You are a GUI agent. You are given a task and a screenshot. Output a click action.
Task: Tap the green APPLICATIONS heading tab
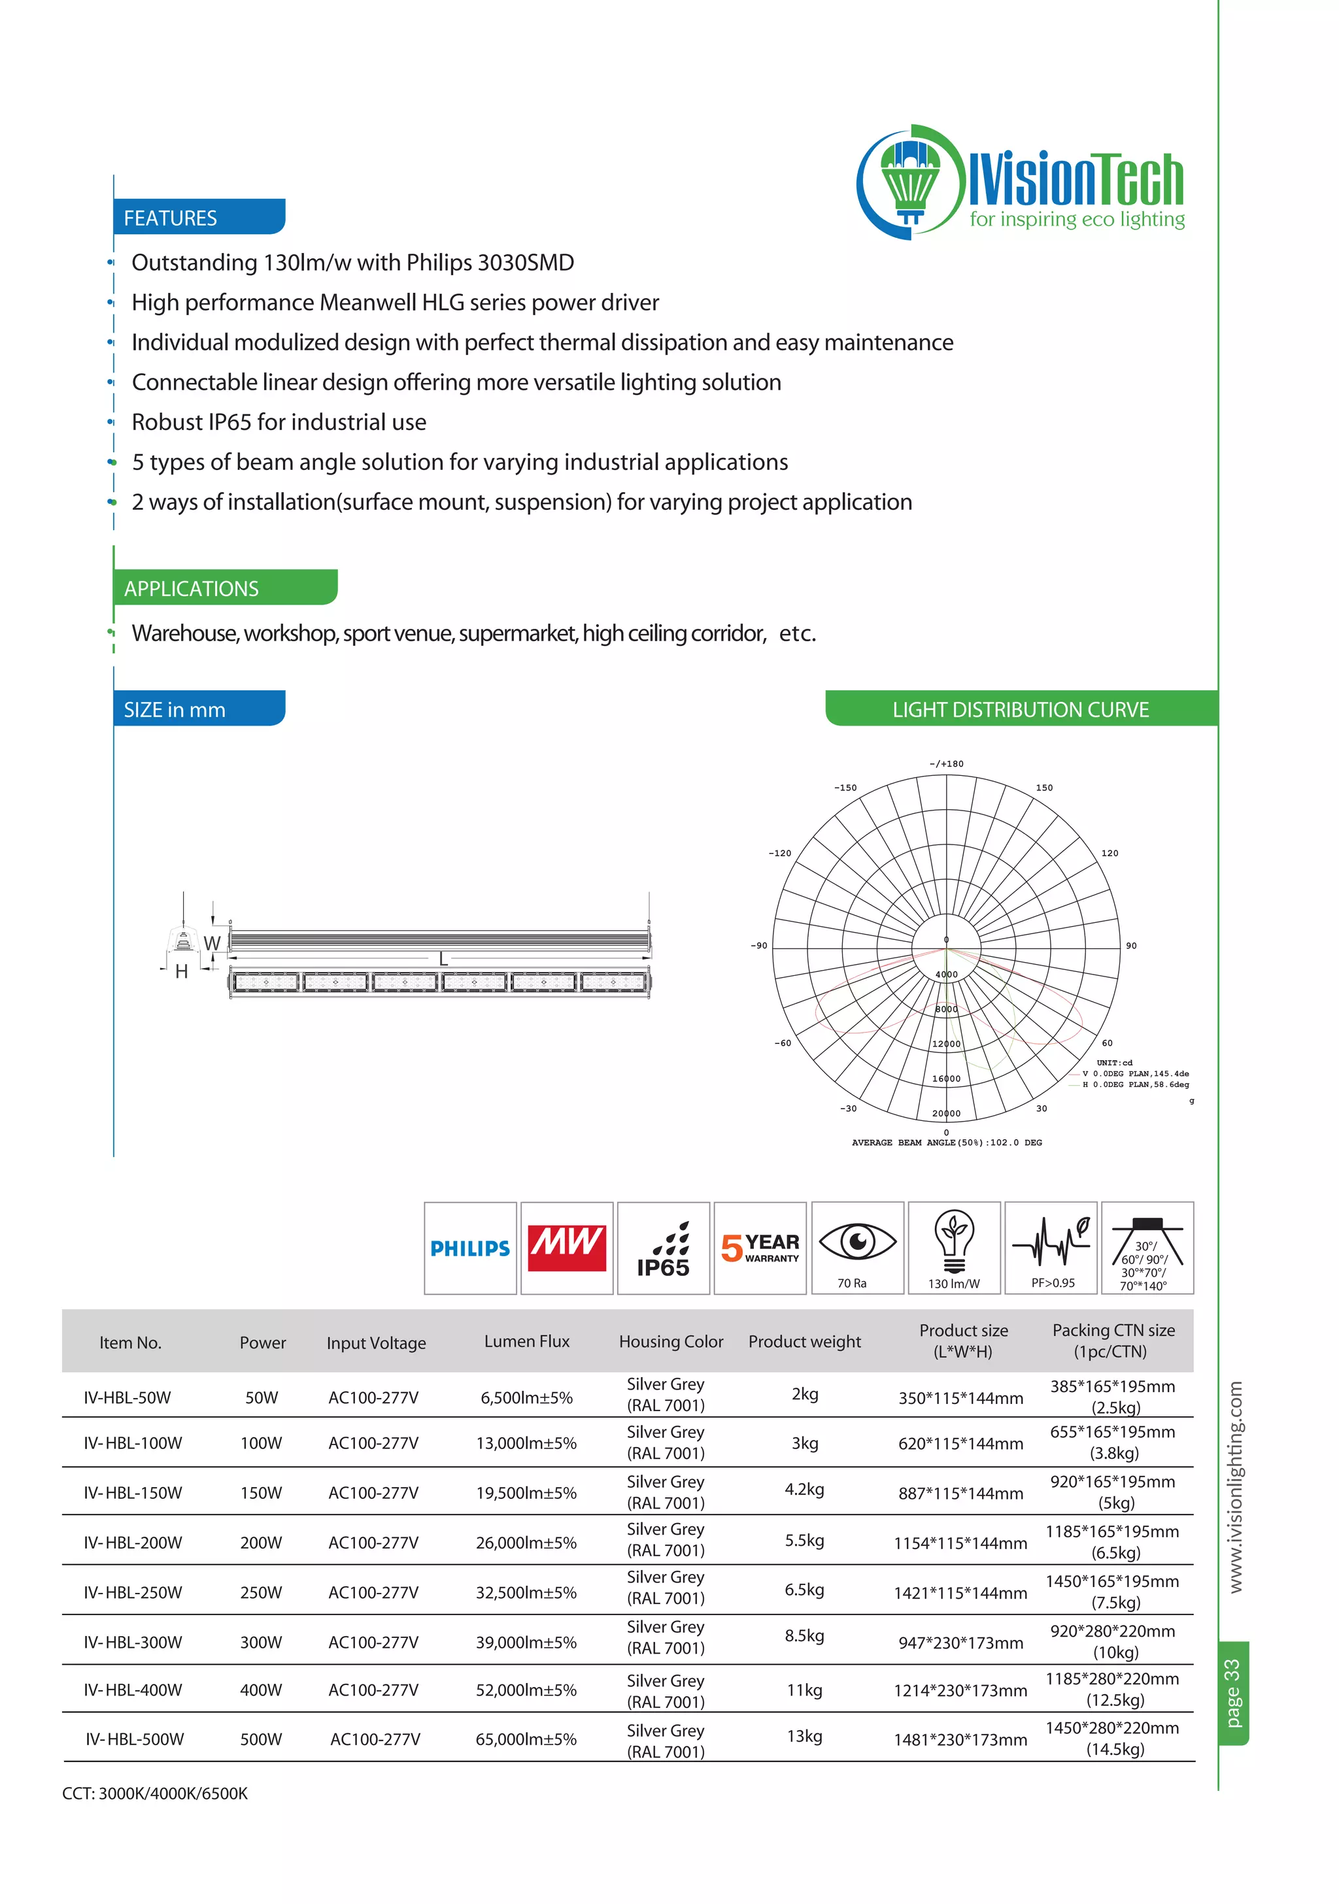[224, 588]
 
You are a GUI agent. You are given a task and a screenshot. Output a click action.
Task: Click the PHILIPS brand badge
[469, 1247]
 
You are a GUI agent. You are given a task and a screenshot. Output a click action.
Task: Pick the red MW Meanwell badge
[567, 1247]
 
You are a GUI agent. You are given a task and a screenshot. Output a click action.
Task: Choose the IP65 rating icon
[663, 1248]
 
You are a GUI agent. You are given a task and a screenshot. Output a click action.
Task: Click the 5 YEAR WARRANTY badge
[760, 1247]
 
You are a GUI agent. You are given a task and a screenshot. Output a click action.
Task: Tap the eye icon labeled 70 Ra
[857, 1246]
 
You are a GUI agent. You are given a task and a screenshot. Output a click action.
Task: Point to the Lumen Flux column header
[527, 1341]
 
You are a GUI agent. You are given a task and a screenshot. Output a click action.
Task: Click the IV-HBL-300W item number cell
[133, 1642]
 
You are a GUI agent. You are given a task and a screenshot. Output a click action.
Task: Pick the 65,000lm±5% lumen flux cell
[526, 1739]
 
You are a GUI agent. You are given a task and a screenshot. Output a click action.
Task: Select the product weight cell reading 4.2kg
[804, 1488]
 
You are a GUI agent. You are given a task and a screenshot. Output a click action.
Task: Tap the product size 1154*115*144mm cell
[960, 1543]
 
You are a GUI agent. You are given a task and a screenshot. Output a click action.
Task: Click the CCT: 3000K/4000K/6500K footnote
[155, 1793]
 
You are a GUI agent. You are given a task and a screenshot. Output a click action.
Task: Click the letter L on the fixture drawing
[443, 960]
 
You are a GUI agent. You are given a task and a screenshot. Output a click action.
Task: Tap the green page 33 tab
[1233, 1692]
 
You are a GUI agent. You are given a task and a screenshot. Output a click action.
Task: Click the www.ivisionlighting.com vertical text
[1235, 1486]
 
